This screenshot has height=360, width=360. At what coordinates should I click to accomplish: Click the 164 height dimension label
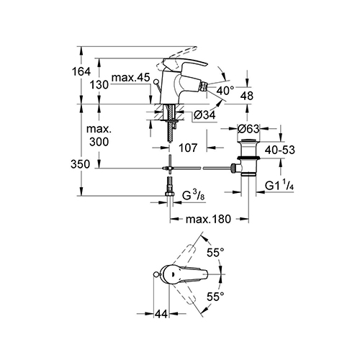pyautogui.click(x=81, y=71)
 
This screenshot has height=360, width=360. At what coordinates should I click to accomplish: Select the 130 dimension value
pyautogui.click(x=99, y=85)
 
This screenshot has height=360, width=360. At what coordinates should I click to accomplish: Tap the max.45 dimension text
pyautogui.click(x=131, y=78)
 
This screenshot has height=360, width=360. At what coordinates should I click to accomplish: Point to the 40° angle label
pyautogui.click(x=225, y=91)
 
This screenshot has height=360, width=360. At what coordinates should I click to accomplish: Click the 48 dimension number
pyautogui.click(x=247, y=96)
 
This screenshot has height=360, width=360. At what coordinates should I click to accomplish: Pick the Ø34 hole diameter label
pyautogui.click(x=204, y=115)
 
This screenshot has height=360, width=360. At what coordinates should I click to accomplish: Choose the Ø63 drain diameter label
pyautogui.click(x=248, y=129)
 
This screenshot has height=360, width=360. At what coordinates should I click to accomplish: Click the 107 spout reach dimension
pyautogui.click(x=188, y=148)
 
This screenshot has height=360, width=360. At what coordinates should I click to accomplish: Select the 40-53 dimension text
pyautogui.click(x=280, y=150)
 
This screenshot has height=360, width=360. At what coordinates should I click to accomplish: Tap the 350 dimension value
pyautogui.click(x=80, y=164)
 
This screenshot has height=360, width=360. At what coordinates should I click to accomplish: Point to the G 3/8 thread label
pyautogui.click(x=194, y=196)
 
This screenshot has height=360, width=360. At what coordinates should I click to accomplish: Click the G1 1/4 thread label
pyautogui.click(x=279, y=185)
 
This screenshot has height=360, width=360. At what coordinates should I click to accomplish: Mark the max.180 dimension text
pyautogui.click(x=208, y=219)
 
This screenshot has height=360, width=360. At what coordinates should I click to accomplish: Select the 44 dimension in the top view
pyautogui.click(x=161, y=313)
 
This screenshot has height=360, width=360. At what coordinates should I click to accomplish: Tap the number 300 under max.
pyautogui.click(x=99, y=142)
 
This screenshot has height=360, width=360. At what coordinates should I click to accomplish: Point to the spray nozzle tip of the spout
pyautogui.click(x=205, y=86)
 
